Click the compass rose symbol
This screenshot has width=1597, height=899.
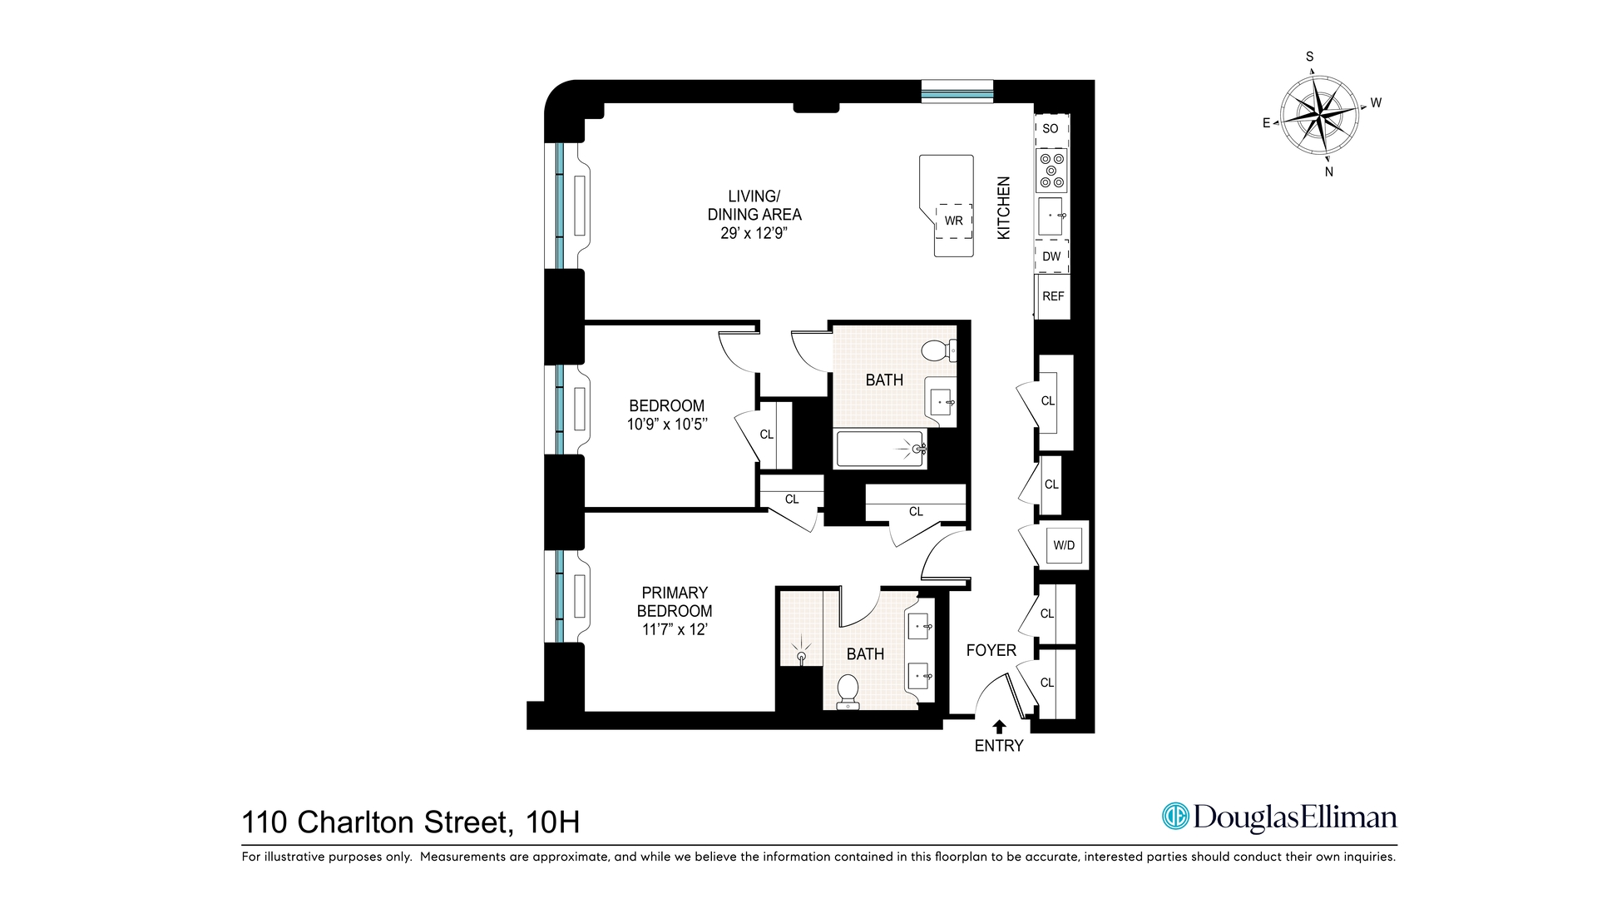click(x=1320, y=114)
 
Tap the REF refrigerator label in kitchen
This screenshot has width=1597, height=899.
click(x=1053, y=296)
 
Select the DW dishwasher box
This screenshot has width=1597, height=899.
click(x=1051, y=256)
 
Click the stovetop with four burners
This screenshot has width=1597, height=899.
click(x=1051, y=171)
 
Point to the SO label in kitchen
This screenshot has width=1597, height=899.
click(x=1051, y=129)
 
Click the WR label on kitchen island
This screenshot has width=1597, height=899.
click(x=953, y=221)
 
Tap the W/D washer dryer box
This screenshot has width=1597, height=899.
click(x=1064, y=546)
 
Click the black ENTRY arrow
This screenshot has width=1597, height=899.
click(x=999, y=727)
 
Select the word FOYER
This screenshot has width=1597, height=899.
click(x=991, y=651)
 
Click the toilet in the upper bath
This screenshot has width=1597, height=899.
click(x=938, y=350)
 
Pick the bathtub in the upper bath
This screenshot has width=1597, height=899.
click(x=880, y=449)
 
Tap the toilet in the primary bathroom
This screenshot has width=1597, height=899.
click(x=848, y=691)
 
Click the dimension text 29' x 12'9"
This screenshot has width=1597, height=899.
click(x=754, y=234)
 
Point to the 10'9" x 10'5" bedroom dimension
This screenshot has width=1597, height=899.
click(x=666, y=425)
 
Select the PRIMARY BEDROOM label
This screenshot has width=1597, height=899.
click(x=675, y=602)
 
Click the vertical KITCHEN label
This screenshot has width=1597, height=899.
click(x=1004, y=208)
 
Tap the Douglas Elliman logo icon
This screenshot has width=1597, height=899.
click(x=1175, y=817)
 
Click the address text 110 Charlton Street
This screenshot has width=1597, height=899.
click(x=374, y=822)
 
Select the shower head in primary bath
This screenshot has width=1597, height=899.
click(x=801, y=654)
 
